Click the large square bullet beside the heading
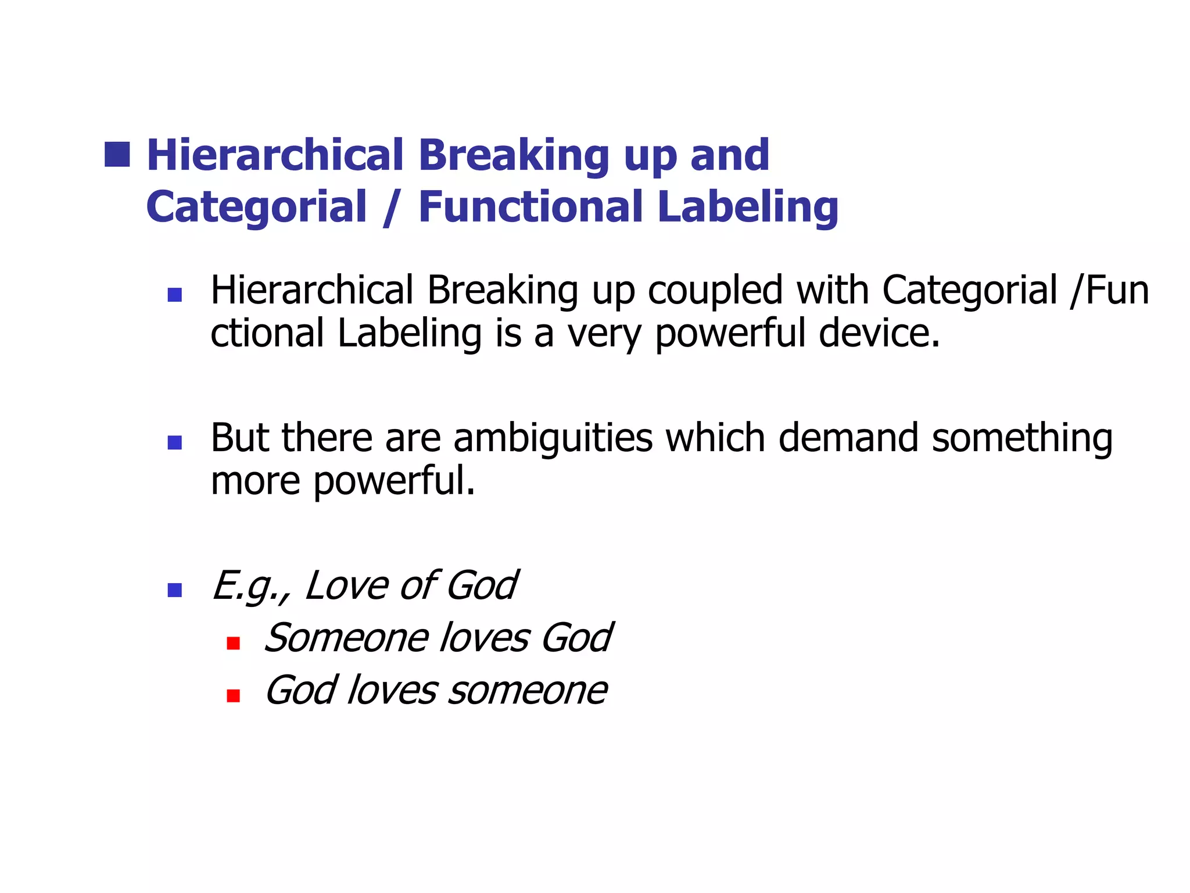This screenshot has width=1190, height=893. click(x=117, y=154)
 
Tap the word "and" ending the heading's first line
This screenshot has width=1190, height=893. click(x=729, y=155)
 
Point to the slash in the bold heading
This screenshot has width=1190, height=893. click(x=392, y=208)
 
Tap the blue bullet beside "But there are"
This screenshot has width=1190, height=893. click(x=174, y=442)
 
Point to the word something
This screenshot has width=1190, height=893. click(x=1022, y=439)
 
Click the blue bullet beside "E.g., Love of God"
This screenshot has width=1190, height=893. click(x=174, y=590)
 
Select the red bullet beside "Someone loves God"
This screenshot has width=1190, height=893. click(x=234, y=643)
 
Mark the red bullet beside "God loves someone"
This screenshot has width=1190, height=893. click(x=234, y=695)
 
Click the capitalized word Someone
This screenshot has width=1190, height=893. click(x=346, y=638)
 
